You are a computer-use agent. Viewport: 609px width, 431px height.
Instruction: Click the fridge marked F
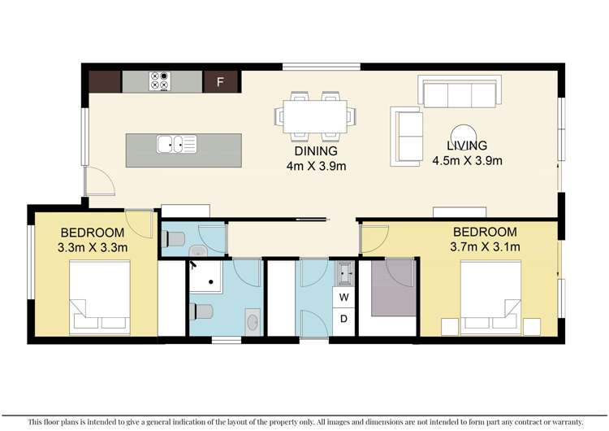coord(218,81)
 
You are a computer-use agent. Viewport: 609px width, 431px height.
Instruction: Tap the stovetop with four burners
coord(158,81)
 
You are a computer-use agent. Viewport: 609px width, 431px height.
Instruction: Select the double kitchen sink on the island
coord(176,145)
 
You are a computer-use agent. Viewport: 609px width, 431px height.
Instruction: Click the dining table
coord(317,115)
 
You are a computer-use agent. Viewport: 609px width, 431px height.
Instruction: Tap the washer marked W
coord(343,297)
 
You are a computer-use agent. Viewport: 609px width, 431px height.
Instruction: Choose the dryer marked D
coord(343,319)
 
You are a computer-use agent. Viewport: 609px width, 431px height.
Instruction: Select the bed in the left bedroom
coord(99,298)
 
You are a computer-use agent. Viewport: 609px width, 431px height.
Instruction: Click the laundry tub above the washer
coord(343,272)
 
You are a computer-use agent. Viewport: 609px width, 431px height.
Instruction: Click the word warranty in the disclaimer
coord(564,422)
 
